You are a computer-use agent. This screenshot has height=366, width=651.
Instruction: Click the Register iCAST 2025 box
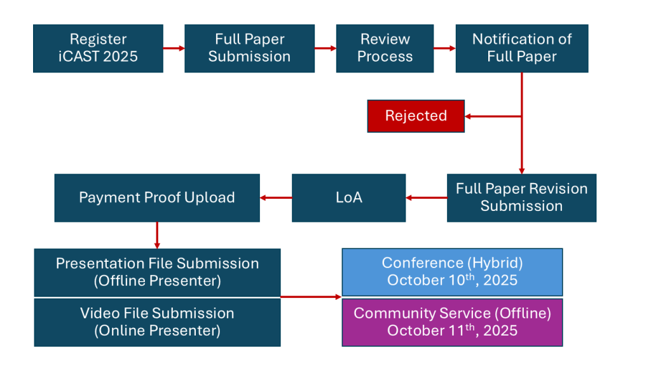click(98, 48)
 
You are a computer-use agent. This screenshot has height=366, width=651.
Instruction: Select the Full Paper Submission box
click(249, 48)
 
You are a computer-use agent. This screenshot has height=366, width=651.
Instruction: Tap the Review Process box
click(385, 48)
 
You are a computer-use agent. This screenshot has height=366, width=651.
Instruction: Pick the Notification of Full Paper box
click(522, 48)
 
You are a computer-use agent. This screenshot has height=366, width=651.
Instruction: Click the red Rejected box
click(416, 116)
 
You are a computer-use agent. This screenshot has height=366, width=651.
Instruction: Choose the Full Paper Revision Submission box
click(521, 198)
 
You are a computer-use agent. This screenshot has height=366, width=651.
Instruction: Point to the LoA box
click(349, 198)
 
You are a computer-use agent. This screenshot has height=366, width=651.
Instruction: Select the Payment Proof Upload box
click(157, 198)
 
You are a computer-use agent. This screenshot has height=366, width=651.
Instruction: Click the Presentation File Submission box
click(158, 272)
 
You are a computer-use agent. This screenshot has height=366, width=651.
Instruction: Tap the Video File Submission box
click(158, 322)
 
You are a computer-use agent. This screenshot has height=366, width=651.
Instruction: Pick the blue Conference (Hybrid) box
click(452, 272)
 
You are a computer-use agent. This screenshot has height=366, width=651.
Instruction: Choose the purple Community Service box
click(452, 322)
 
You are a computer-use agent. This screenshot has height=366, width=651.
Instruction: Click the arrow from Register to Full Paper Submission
click(174, 48)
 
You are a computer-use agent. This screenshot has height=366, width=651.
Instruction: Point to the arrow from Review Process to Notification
click(444, 48)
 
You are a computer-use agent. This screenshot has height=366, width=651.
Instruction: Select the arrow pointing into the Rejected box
click(493, 117)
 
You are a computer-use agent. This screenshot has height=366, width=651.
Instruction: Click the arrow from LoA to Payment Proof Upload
click(276, 198)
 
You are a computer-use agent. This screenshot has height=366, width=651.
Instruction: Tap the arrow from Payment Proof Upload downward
click(157, 235)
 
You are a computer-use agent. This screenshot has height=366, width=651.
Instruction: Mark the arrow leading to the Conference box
click(311, 297)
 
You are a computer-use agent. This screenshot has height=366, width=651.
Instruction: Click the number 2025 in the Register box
click(120, 57)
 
